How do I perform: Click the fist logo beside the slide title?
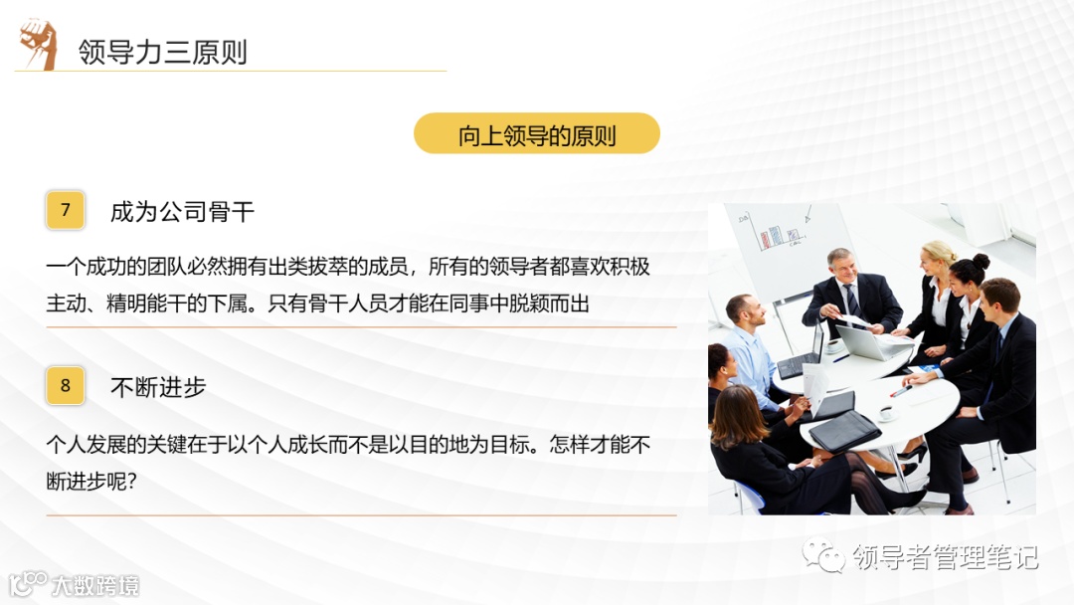[39, 44]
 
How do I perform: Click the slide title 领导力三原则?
[163, 52]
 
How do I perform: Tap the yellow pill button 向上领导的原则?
[537, 134]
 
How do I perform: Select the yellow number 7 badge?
[66, 210]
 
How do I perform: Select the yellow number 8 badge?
[66, 385]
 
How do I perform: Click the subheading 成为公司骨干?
[182, 211]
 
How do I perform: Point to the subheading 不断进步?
[158, 387]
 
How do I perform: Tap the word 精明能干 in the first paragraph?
[149, 303]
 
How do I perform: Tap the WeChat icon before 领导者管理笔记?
[824, 555]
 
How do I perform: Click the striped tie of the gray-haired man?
[851, 300]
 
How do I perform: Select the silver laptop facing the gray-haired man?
[861, 340]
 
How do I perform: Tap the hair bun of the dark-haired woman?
[981, 261]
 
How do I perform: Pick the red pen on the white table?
[901, 390]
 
